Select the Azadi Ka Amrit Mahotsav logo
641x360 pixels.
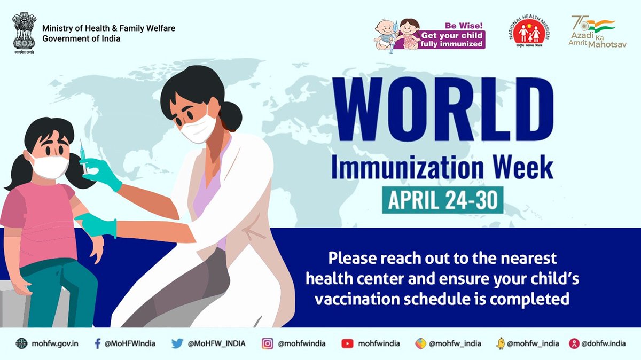596,32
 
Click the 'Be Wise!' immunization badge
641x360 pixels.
429,34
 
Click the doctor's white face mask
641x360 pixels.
199,128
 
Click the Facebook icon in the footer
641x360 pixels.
97,343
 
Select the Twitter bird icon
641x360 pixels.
177,343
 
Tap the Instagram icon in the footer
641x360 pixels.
267,343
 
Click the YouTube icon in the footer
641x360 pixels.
347,343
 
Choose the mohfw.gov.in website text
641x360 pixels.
54,343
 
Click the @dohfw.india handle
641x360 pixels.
604,343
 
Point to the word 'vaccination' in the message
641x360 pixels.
350,299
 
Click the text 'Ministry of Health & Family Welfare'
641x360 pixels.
108,28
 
